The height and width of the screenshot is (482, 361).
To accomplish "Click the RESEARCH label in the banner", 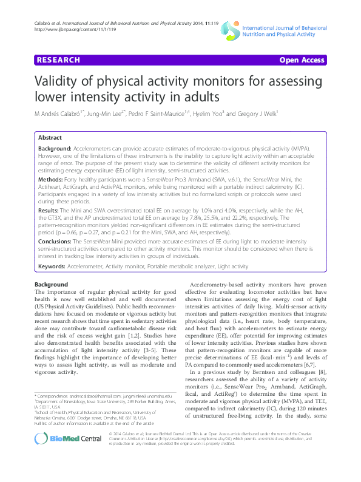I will (x=59, y=61).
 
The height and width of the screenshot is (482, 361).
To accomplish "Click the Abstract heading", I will (x=50, y=138).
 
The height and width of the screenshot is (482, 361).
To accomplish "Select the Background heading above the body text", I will (x=52, y=285).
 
